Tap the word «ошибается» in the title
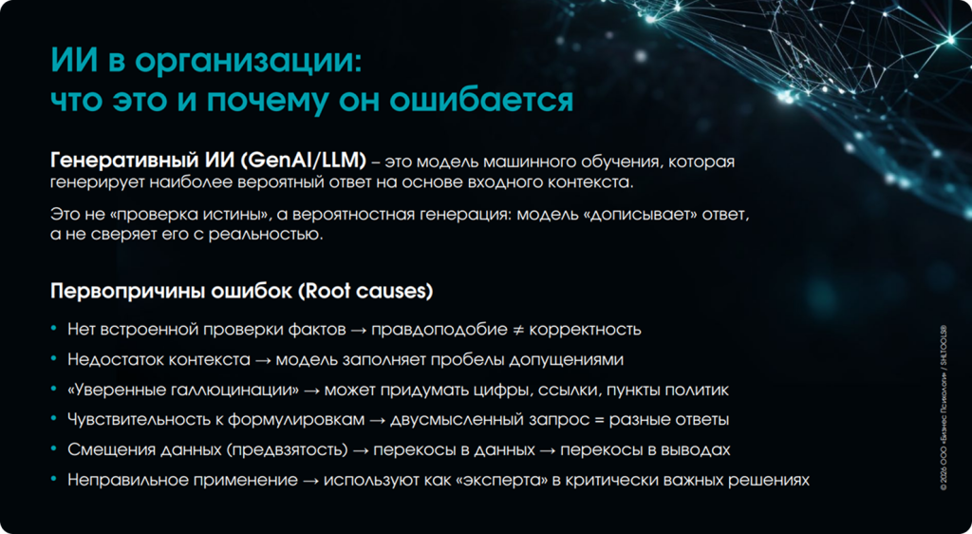(481, 101)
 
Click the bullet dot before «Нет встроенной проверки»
(54, 328)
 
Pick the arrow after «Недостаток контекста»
(263, 360)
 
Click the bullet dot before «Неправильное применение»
(54, 479)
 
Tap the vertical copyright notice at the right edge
(944, 408)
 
